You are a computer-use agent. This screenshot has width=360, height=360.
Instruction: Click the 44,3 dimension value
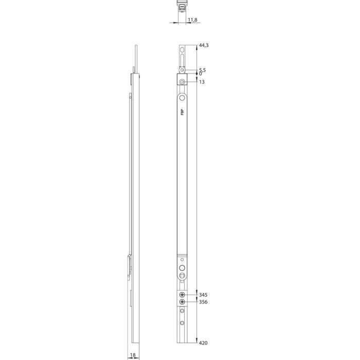pyautogui.click(x=203, y=46)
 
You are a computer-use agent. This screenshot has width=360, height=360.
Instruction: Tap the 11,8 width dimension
pyautogui.click(x=192, y=20)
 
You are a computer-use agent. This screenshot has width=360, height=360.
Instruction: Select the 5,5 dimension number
pyautogui.click(x=202, y=69)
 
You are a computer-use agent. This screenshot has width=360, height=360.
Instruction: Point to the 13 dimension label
pyautogui.click(x=201, y=82)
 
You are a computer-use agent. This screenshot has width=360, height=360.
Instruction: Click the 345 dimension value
pyautogui.click(x=203, y=295)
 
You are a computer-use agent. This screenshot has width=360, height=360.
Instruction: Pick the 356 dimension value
pyautogui.click(x=203, y=302)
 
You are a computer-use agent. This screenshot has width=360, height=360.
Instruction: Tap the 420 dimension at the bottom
pyautogui.click(x=203, y=343)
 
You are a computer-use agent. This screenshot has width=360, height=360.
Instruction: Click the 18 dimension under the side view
pyautogui.click(x=133, y=355)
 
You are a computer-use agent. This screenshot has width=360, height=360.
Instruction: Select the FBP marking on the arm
pyautogui.click(x=182, y=112)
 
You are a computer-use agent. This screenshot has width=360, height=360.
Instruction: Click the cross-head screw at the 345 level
pyautogui.click(x=182, y=295)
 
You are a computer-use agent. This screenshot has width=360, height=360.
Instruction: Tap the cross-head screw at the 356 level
pyautogui.click(x=182, y=302)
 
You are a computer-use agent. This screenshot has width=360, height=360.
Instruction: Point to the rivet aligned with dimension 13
pyautogui.click(x=182, y=82)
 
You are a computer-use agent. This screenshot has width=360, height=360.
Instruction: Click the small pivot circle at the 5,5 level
pyautogui.click(x=182, y=69)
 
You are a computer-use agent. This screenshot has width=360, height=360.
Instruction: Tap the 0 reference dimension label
pyautogui.click(x=200, y=74)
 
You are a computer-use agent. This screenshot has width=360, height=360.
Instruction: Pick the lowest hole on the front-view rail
pyautogui.click(x=182, y=323)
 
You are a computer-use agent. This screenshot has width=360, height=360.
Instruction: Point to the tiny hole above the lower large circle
pyautogui.click(x=182, y=260)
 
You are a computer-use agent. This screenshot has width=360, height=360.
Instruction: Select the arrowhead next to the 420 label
pyautogui.click(x=197, y=340)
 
